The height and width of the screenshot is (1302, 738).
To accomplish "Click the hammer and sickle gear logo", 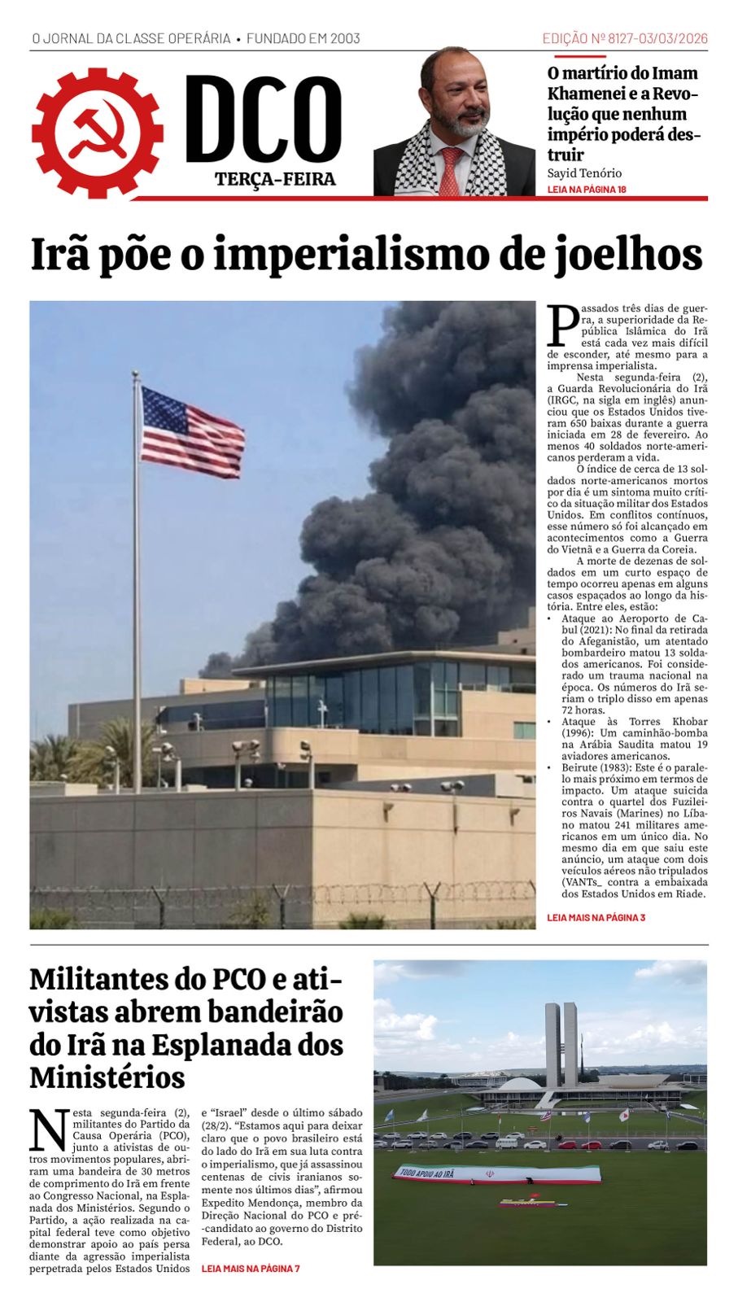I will tap(98, 132).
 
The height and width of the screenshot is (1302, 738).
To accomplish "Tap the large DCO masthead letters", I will tap(264, 119).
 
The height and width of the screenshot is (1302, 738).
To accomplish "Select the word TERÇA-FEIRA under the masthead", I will tap(275, 180).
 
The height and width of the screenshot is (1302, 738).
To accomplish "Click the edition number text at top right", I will tap(625, 38).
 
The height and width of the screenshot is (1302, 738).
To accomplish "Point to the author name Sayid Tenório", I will tap(584, 173).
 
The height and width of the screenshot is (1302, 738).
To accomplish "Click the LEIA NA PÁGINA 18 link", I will tap(587, 190).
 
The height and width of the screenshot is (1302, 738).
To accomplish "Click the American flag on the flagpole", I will tap(192, 432).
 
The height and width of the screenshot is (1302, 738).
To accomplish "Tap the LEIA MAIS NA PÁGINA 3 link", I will tap(596, 918).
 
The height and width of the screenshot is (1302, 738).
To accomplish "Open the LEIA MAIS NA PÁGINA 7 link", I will tap(251, 1268).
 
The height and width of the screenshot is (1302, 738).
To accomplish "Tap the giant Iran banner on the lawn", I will tap(498, 1174).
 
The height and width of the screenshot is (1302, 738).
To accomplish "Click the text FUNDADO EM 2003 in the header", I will tap(303, 38).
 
